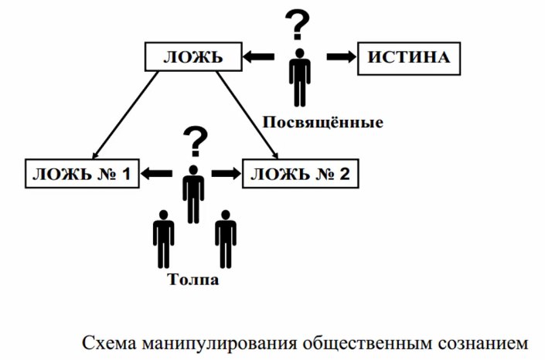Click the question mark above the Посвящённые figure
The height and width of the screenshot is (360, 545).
point(297,24)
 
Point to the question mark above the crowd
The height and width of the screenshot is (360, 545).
point(196,141)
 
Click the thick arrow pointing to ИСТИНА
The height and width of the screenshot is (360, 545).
point(342,56)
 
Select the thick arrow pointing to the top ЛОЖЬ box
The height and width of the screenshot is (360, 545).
point(259,56)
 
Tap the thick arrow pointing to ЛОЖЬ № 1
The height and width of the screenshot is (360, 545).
point(156,173)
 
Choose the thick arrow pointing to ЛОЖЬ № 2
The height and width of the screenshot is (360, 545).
point(227,173)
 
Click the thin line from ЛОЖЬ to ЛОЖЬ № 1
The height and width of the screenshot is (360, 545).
point(125,115)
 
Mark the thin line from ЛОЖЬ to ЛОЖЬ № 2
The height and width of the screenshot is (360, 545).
point(247,115)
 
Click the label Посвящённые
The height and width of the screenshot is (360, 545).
point(322,123)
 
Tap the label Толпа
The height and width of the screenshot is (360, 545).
point(193,280)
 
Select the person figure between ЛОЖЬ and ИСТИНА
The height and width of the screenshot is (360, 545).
point(300,78)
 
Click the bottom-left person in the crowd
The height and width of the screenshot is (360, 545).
point(163,239)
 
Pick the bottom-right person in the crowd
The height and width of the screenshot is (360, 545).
point(226,239)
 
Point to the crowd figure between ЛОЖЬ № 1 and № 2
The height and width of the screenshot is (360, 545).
point(193,194)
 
